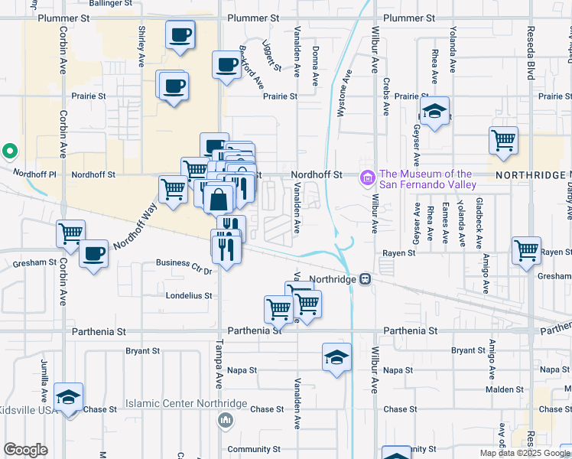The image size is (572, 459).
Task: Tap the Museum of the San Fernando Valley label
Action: click(x=427, y=179)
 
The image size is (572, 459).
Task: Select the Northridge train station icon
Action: click(x=366, y=279)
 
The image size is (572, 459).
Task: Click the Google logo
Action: click(x=25, y=450)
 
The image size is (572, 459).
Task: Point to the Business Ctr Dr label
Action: click(x=183, y=265)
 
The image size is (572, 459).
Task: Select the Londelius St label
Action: click(x=188, y=295)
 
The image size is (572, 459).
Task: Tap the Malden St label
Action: click(x=505, y=389)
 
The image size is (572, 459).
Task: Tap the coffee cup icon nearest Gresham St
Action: click(x=94, y=253)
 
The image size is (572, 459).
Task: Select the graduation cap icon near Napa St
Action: click(x=336, y=358)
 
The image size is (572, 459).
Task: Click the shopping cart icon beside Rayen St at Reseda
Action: click(x=527, y=250)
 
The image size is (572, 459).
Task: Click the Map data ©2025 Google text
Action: click(x=524, y=453)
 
